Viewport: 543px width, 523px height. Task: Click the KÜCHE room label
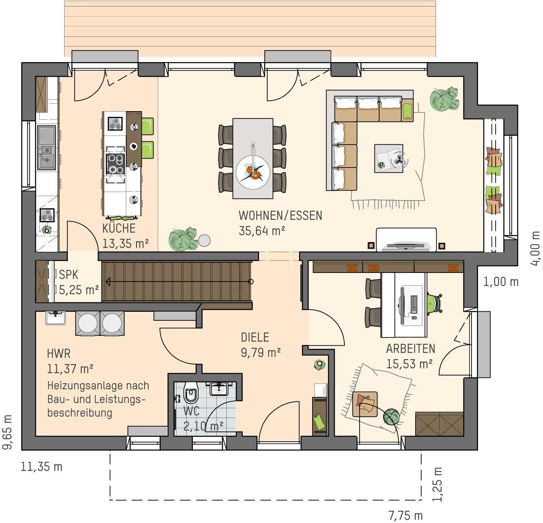tap(119, 228)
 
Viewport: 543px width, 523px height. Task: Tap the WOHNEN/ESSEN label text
tap(280, 216)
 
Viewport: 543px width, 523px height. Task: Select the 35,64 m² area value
tap(262, 231)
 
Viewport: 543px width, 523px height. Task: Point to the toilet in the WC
tap(191, 392)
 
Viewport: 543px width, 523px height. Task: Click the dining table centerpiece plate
tap(253, 172)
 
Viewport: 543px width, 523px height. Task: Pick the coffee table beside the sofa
tap(389, 158)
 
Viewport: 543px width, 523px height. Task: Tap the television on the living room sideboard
tap(406, 246)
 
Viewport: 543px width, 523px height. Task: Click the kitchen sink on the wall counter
tap(47, 148)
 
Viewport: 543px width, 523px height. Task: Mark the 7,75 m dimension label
tap(405, 516)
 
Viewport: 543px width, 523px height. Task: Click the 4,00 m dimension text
tap(535, 249)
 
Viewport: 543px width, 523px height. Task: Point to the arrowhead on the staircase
tap(108, 282)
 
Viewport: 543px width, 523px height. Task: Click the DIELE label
tap(255, 337)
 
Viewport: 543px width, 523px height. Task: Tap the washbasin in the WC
tap(219, 389)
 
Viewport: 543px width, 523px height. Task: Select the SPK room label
tap(69, 275)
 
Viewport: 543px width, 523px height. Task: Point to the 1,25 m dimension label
tap(438, 484)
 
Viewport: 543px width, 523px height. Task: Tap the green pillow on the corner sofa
tap(407, 111)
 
